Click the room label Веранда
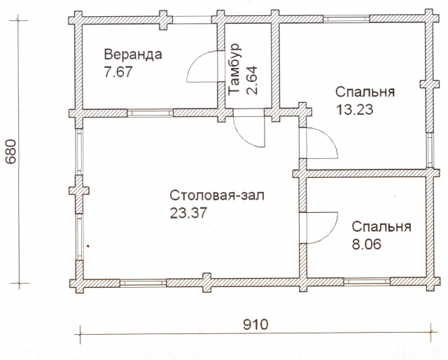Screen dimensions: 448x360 pyautogui.click(x=133, y=55)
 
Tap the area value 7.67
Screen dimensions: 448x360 pyautogui.click(x=118, y=71)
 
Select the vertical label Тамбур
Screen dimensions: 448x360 pyautogui.click(x=235, y=69)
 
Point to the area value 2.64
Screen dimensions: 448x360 pyautogui.click(x=252, y=81)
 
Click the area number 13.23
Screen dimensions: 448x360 pyautogui.click(x=355, y=109)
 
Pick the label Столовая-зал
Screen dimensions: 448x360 pyautogui.click(x=217, y=195)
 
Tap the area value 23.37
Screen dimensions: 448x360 pyautogui.click(x=188, y=213)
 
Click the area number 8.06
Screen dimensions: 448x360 pyautogui.click(x=367, y=244)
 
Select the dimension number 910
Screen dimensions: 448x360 pyautogui.click(x=255, y=324)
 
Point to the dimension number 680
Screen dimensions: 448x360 pyautogui.click(x=11, y=151)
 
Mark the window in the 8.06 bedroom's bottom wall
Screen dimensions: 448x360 pyautogui.click(x=367, y=282)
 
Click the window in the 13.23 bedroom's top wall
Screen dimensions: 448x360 pyautogui.click(x=346, y=19)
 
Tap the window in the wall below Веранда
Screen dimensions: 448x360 pyautogui.click(x=150, y=113)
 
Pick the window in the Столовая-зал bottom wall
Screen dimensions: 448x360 pyautogui.click(x=143, y=282)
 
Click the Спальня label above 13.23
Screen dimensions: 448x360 pyautogui.click(x=365, y=92)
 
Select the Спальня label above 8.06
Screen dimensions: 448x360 pyautogui.click(x=381, y=227)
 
